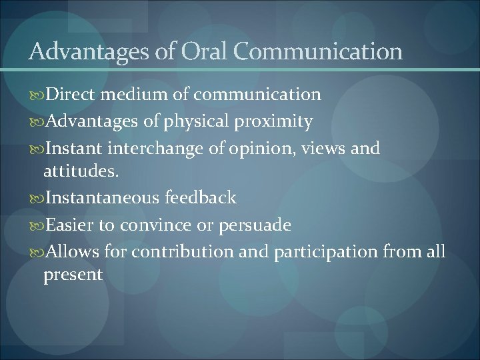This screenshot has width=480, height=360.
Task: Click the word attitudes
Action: (81, 171)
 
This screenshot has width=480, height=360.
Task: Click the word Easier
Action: (69, 225)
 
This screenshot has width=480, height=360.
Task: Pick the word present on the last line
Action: (73, 275)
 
